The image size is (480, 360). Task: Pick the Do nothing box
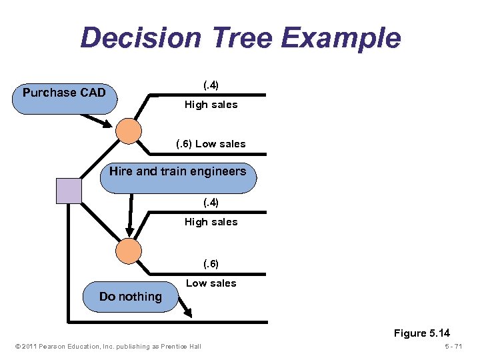[x=131, y=297]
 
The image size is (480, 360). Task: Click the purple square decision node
[x=69, y=191]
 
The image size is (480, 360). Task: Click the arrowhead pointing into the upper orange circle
[x=106, y=123]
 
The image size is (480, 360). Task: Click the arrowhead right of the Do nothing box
[x=188, y=310]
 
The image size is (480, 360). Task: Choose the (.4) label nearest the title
[x=211, y=85]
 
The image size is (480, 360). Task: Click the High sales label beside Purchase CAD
[x=211, y=105]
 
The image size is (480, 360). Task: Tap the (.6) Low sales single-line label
[x=211, y=144]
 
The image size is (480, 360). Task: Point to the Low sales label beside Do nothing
[x=211, y=283]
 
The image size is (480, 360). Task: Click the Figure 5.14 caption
[x=421, y=333]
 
